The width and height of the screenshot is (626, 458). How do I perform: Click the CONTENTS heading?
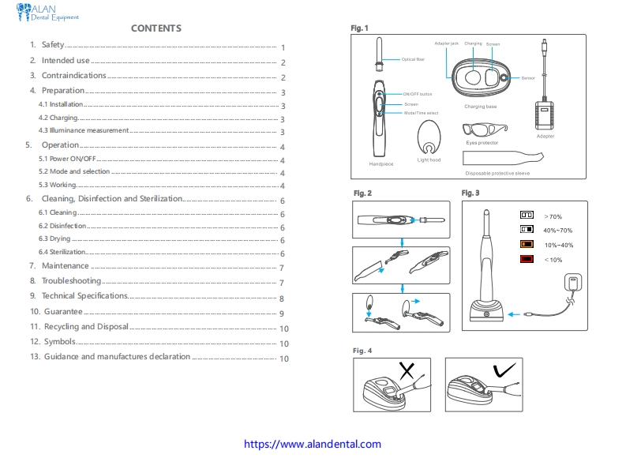pyautogui.click(x=156, y=28)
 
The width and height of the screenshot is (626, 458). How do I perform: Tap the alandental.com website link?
pyautogui.click(x=313, y=445)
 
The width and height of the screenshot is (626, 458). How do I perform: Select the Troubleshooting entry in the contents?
pyautogui.click(x=71, y=281)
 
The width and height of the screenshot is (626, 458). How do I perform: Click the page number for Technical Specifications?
pyautogui.click(x=281, y=298)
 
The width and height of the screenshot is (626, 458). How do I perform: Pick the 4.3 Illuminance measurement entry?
pyautogui.click(x=84, y=130)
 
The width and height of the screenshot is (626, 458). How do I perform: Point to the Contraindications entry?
pyautogui.click(x=73, y=76)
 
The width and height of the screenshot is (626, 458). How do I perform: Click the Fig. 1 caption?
pyautogui.click(x=360, y=28)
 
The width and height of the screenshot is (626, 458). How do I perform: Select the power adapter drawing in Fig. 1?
pyautogui.click(x=545, y=111)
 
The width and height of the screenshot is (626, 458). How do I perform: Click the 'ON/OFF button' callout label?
pyautogui.click(x=418, y=94)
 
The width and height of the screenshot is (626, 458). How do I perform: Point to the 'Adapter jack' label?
pyautogui.click(x=447, y=43)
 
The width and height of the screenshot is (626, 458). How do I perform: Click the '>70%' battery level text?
pyautogui.click(x=553, y=216)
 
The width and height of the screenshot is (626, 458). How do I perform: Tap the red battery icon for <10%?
pyautogui.click(x=527, y=259)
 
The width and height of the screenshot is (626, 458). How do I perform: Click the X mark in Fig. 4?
pyautogui.click(x=407, y=370)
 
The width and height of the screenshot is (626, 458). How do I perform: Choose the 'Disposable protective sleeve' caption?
pyautogui.click(x=497, y=173)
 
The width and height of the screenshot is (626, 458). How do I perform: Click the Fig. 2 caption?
pyautogui.click(x=362, y=193)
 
